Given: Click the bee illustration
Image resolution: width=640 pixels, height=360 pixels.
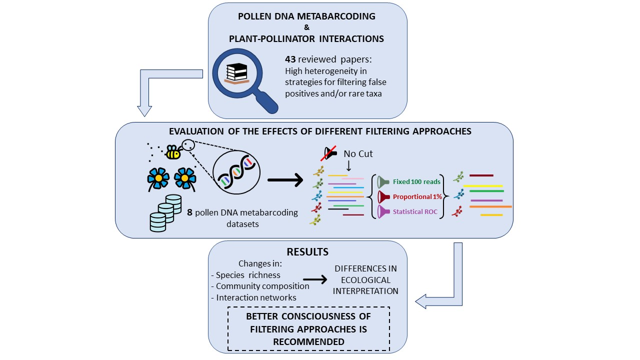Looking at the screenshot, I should click(x=172, y=152).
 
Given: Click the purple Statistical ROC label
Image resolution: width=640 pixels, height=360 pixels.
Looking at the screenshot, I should click(x=415, y=211).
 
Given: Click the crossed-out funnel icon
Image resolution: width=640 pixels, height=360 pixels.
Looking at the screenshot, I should click(x=329, y=153).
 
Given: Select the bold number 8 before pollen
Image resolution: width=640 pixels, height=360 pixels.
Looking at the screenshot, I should click(x=190, y=212).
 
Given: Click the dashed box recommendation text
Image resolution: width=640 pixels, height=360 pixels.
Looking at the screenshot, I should click(x=308, y=329).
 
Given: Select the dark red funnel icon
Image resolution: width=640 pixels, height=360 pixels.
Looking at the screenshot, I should click(x=383, y=196).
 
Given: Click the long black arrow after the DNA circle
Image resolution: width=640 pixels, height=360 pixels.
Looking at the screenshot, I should click(x=285, y=178).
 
